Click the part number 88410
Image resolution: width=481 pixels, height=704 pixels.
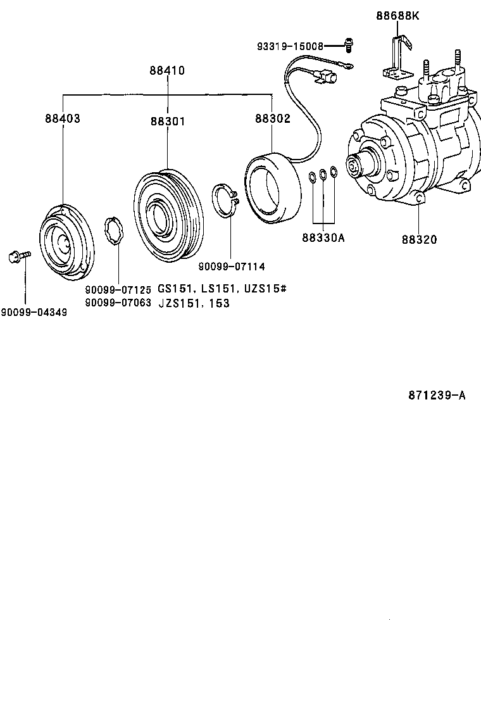tap(167, 71)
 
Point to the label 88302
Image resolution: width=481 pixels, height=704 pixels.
tap(273, 118)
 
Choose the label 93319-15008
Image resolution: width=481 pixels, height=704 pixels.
tap(290, 46)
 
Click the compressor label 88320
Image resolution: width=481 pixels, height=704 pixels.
tap(419, 240)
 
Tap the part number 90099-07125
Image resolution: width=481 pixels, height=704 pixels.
tap(118, 290)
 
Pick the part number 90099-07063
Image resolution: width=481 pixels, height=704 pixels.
tap(118, 303)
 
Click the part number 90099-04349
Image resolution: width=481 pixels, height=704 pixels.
tap(34, 312)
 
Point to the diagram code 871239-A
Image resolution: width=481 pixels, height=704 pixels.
tap(437, 396)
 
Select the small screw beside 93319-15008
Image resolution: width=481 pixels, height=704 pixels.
tap(348, 44)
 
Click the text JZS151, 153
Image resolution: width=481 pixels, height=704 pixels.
tap(193, 303)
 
